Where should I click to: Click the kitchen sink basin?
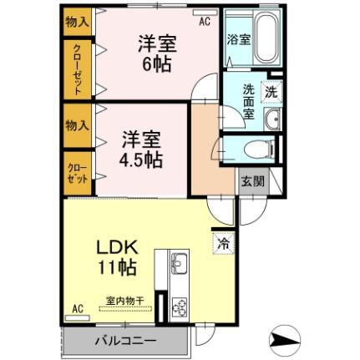pyautogui.click(x=180, y=267)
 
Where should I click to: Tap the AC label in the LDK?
pyautogui.click(x=78, y=308)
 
